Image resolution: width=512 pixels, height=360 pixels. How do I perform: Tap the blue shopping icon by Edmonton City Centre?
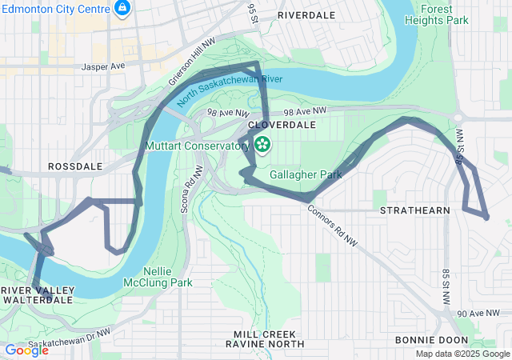[x=122, y=9]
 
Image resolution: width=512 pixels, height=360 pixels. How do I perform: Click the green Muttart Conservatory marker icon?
[x=262, y=145]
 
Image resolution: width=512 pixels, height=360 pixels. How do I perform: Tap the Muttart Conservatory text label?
[x=197, y=146]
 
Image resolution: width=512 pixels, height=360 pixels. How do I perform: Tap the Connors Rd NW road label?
[x=333, y=226]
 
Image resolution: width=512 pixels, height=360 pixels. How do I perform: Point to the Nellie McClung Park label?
[x=158, y=277]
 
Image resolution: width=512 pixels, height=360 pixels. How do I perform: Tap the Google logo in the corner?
[x=26, y=350]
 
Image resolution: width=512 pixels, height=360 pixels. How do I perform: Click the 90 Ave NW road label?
[x=482, y=315]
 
